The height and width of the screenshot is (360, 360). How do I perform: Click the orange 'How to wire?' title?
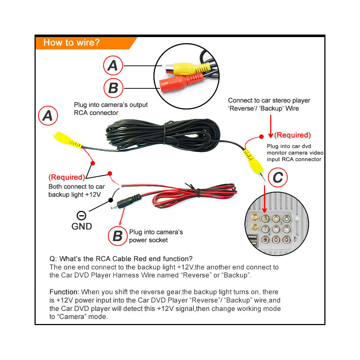(x=71, y=43)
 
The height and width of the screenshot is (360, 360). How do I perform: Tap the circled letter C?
(x=277, y=177)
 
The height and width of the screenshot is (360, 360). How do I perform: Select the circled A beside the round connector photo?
(x=113, y=65)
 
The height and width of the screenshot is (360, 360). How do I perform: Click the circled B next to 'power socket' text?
(x=118, y=236)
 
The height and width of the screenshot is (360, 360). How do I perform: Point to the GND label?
(x=81, y=227)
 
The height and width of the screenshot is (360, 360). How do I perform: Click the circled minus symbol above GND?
(x=81, y=216)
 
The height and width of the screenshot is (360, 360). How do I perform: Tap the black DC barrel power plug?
(x=126, y=201)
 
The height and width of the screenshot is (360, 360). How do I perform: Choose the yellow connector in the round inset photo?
(x=188, y=69)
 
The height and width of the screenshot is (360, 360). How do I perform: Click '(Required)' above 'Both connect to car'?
(x=67, y=177)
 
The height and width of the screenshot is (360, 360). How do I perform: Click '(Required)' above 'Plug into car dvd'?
(x=292, y=135)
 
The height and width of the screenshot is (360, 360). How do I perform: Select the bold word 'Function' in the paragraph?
(x=63, y=292)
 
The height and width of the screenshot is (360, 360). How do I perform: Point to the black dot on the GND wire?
(x=111, y=200)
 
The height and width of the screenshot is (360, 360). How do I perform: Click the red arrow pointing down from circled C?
(x=264, y=199)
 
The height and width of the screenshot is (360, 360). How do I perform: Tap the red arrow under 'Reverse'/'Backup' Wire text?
(x=271, y=126)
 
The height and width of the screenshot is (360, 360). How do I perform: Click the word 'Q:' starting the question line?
(x=53, y=259)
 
